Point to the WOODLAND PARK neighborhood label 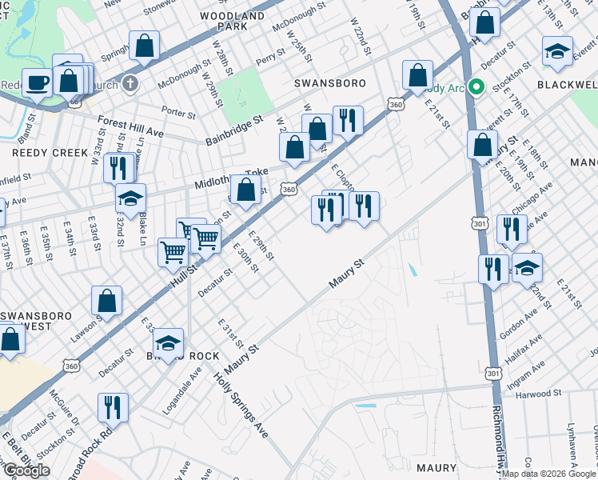(x=233, y=21)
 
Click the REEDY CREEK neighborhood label (x=39, y=151)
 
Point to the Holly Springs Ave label (x=241, y=406)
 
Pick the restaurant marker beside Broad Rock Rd (x=113, y=406)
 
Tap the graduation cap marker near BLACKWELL (x=557, y=50)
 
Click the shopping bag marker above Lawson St (x=106, y=301)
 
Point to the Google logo (x=26, y=470)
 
